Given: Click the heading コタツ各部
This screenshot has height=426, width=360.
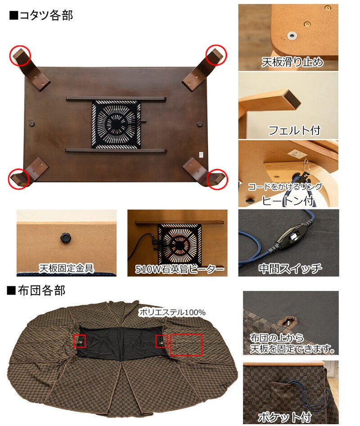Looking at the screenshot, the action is (41, 15).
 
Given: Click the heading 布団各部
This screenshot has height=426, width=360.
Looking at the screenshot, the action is (36, 291).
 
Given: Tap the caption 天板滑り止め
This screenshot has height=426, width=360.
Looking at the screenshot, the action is (292, 62).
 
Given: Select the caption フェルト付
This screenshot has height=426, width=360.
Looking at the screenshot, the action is (295, 130).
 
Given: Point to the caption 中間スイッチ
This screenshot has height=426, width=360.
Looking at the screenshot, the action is (290, 268).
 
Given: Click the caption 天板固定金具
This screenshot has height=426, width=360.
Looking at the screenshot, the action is (67, 268).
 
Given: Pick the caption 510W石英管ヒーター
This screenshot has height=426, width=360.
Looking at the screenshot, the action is (180, 269).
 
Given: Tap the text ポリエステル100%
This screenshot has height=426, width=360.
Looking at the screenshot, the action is (172, 313).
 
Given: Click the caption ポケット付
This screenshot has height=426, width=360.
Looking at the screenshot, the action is (284, 417).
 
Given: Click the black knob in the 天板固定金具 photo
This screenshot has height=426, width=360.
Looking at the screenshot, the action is (65, 238).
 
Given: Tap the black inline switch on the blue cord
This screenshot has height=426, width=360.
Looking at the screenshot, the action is (292, 236).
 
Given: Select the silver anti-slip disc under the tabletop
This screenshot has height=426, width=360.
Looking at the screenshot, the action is (292, 35).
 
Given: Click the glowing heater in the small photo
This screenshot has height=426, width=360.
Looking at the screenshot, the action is (180, 245).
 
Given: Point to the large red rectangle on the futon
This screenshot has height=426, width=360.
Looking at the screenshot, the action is (186, 345).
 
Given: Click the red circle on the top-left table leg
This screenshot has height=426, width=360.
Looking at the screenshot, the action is (20, 56).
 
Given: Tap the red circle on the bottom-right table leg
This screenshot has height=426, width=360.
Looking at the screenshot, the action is (217, 179).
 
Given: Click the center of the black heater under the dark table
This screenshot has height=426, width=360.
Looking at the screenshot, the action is (116, 125).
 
